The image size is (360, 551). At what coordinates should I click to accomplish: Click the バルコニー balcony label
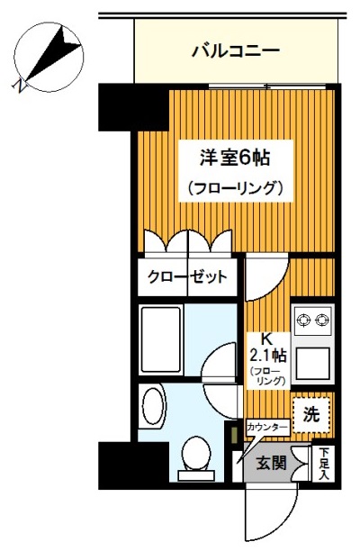(x=236, y=50)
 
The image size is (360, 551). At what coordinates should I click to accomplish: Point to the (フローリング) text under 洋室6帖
(x=236, y=189)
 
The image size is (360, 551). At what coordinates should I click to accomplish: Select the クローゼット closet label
(x=188, y=277)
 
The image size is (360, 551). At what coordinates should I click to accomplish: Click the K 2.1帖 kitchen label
(x=266, y=348)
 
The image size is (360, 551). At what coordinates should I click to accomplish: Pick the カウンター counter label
(x=266, y=427)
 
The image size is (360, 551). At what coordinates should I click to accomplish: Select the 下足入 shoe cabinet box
(x=324, y=463)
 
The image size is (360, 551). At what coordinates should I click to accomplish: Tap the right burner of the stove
(x=322, y=319)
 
